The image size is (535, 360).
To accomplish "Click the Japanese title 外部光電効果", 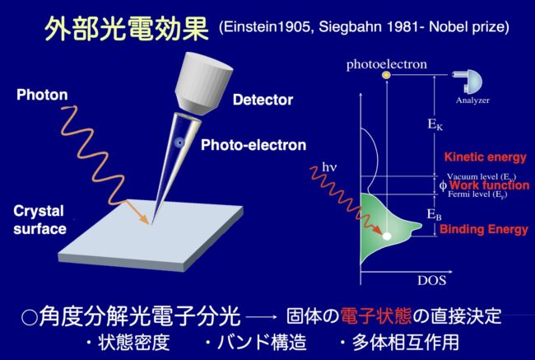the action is tap(126, 29).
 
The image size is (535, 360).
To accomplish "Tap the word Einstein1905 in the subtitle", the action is tap(267, 26).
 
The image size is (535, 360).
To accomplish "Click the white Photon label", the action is tap(42, 95).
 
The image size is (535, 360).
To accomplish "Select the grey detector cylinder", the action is tap(203, 84).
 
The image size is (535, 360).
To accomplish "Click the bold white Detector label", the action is tap(263, 100).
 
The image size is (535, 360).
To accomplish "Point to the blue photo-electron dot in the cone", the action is tap(179, 143).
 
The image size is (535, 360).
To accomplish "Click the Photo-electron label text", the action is tap(254, 145).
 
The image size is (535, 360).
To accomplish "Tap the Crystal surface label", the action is tap(40, 220).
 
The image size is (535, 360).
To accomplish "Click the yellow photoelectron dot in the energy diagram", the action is tap(386, 75).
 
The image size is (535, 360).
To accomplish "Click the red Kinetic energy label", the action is tap(485, 157).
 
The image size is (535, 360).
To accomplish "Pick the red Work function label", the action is tap(489, 185).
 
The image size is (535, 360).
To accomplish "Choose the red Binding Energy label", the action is tap(484, 229).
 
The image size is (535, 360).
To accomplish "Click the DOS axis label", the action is tap(431, 280).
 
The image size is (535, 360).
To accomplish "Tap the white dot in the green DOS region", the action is tap(387, 236).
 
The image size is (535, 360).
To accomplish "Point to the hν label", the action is tap(329, 167).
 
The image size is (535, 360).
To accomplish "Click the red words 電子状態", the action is tap(375, 316).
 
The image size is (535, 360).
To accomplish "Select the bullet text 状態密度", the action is tap(133, 342).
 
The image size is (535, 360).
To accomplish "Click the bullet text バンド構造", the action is tap(262, 342).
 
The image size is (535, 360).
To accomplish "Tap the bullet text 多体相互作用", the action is tap(405, 342).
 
